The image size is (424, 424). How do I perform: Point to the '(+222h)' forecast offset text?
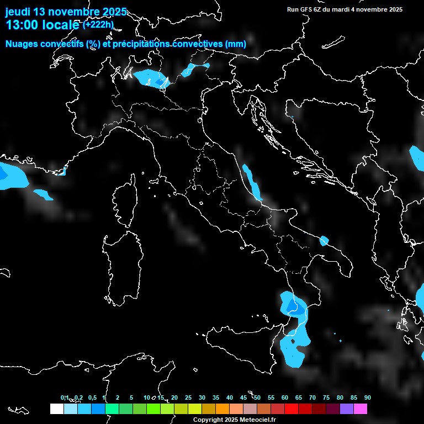(98, 24)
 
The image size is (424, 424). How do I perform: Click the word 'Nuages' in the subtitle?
(22, 44)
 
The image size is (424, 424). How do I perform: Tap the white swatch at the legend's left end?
(56, 409)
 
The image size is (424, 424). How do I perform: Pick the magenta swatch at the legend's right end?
(361, 409)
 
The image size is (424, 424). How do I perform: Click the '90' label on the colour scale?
(367, 397)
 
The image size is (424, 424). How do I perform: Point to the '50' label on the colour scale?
(257, 397)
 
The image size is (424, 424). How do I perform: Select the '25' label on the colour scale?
(188, 397)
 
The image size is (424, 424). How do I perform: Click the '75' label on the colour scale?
(326, 397)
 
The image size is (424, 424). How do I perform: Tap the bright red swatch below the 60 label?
(291, 409)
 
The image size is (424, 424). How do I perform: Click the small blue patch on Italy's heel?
(324, 240)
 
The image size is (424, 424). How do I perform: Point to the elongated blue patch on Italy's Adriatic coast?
(253, 183)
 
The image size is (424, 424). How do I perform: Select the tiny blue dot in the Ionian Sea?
(340, 341)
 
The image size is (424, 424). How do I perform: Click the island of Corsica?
(126, 202)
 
